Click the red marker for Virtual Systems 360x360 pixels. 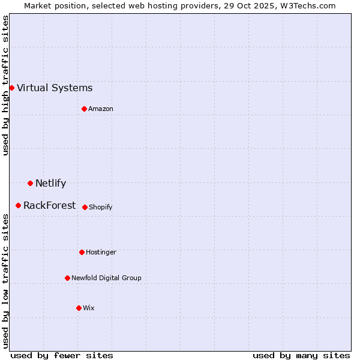[x=11, y=88]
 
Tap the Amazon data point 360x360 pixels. [x=84, y=109]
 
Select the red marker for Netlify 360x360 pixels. [x=30, y=183]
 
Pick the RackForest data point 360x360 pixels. [x=18, y=205]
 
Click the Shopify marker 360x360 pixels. [x=85, y=207]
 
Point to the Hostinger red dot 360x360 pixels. [x=82, y=252]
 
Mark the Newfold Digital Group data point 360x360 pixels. [x=67, y=278]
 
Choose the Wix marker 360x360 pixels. [x=79, y=308]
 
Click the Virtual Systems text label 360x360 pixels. [x=55, y=88]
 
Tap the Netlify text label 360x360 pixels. [x=50, y=184]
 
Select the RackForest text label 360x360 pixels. [x=49, y=206]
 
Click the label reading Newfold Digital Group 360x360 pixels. [x=106, y=278]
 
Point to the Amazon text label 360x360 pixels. [x=101, y=109]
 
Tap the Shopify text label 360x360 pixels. [x=100, y=208]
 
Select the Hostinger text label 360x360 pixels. [x=101, y=253]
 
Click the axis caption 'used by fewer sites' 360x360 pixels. [x=62, y=355]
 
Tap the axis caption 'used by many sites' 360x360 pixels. [x=301, y=355]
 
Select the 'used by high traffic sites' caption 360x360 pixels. [x=6, y=85]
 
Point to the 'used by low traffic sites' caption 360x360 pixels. [x=6, y=281]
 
